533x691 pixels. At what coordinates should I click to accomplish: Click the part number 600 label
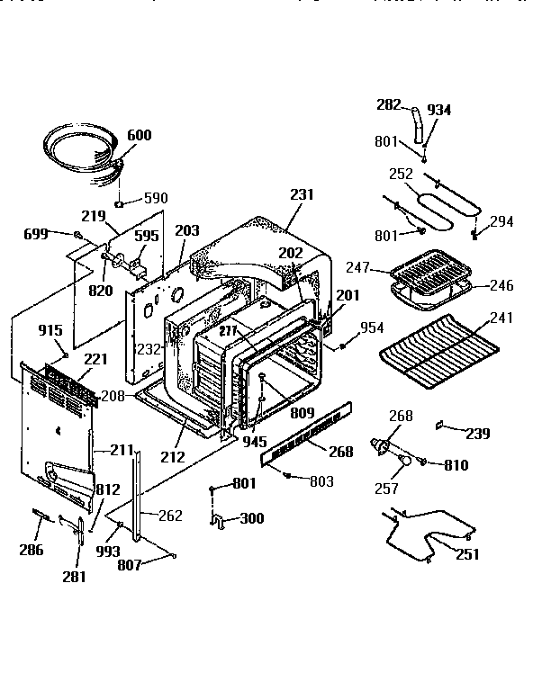139,135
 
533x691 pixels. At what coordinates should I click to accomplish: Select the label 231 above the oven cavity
303,193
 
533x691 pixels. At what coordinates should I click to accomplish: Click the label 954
372,327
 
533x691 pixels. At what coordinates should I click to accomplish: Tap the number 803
321,482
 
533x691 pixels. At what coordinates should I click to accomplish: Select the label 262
169,516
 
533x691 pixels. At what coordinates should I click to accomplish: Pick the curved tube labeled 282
415,121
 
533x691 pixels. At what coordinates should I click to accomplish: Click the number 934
439,110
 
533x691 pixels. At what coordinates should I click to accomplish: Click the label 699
36,234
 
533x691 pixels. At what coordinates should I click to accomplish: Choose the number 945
254,443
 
